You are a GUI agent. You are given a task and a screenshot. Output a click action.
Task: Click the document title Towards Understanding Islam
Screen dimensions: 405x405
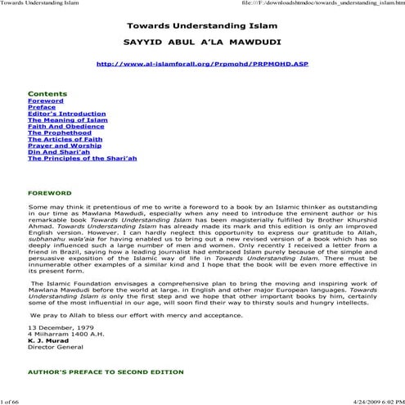pyautogui.click(x=202, y=25)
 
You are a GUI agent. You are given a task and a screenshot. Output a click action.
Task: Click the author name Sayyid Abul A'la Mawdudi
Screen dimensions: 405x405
pyautogui.click(x=202, y=41)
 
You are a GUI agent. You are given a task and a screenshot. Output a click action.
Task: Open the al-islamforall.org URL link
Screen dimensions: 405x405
pyautogui.click(x=202, y=63)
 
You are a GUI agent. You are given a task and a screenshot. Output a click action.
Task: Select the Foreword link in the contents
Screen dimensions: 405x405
pyautogui.click(x=45, y=101)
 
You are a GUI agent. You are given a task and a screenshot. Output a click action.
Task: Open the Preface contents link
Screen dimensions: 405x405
pyautogui.click(x=42, y=107)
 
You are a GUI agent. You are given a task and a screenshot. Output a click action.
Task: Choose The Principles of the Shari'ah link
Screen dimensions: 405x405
pyautogui.click(x=82, y=160)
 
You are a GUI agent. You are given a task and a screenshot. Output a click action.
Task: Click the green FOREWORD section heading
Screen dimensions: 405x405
pyautogui.click(x=50, y=194)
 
